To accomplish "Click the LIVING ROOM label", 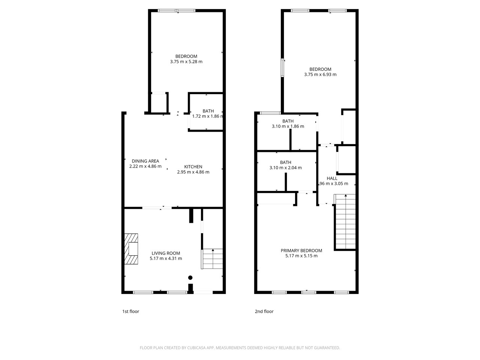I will pyautogui.click(x=166, y=253).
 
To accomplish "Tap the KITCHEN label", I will pyautogui.click(x=193, y=167).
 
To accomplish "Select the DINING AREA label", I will pyautogui.click(x=145, y=161).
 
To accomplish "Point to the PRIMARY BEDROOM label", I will pyautogui.click(x=301, y=250).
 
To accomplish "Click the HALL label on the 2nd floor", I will pyautogui.click(x=332, y=178).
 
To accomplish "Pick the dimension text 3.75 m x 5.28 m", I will pyautogui.click(x=186, y=62).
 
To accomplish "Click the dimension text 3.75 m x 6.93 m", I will pyautogui.click(x=320, y=75).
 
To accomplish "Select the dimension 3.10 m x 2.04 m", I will pyautogui.click(x=285, y=168).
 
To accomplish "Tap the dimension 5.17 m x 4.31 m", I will pyautogui.click(x=166, y=258).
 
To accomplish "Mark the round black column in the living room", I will pyautogui.click(x=190, y=278).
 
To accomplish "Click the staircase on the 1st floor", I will pyautogui.click(x=213, y=259).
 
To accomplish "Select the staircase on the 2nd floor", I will pyautogui.click(x=345, y=221).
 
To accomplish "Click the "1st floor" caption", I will pyautogui.click(x=130, y=312).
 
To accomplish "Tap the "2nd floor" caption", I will pyautogui.click(x=264, y=312).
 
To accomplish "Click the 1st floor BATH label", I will pyautogui.click(x=208, y=111).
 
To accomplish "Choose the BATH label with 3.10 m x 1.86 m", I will pyautogui.click(x=288, y=121).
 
